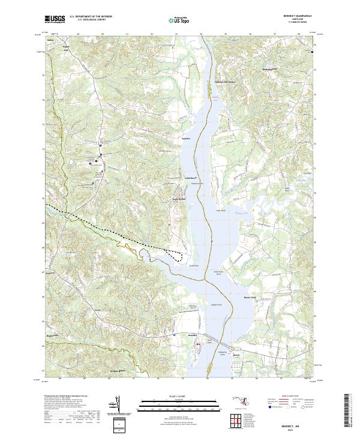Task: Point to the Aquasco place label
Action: click(185, 139)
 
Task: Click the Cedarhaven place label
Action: click(191, 178)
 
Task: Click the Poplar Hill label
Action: click(67, 47)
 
